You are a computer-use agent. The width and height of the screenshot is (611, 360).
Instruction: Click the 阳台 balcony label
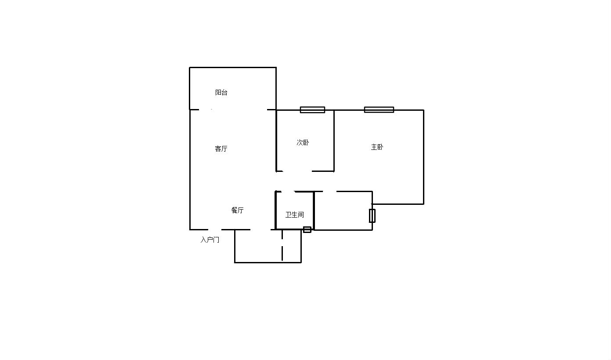point(221,92)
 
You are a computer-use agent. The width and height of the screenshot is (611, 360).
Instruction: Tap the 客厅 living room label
point(221,149)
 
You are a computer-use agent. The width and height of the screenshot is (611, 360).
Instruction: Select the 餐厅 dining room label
point(237,210)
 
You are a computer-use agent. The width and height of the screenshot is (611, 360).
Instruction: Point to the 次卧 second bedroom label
point(303,142)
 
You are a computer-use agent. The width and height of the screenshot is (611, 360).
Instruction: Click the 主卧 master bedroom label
point(377,147)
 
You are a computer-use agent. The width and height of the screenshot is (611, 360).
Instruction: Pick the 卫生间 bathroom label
point(295,215)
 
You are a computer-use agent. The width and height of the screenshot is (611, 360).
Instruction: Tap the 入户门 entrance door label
point(210,240)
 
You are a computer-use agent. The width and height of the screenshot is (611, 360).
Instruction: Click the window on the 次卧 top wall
point(312,110)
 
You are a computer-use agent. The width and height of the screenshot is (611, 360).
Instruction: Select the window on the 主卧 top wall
point(379,110)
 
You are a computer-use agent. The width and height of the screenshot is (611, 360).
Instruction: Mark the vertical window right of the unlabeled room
point(372,216)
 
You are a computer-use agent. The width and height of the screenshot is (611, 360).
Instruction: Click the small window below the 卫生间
point(307,229)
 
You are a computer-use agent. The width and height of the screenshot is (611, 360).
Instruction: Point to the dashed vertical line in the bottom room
point(282,245)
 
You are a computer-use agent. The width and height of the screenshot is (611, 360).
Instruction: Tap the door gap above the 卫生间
point(288,192)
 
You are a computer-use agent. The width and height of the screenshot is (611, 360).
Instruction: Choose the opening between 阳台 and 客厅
point(233,110)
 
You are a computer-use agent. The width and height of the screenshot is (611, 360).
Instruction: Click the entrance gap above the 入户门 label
point(215,229)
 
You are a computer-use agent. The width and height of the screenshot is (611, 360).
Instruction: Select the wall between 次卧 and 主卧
point(334,141)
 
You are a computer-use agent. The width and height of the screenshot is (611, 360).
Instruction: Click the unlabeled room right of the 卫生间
point(343,211)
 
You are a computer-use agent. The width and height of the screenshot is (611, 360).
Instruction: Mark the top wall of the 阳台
point(233,67)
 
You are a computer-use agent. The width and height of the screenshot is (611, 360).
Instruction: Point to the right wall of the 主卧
point(423,157)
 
